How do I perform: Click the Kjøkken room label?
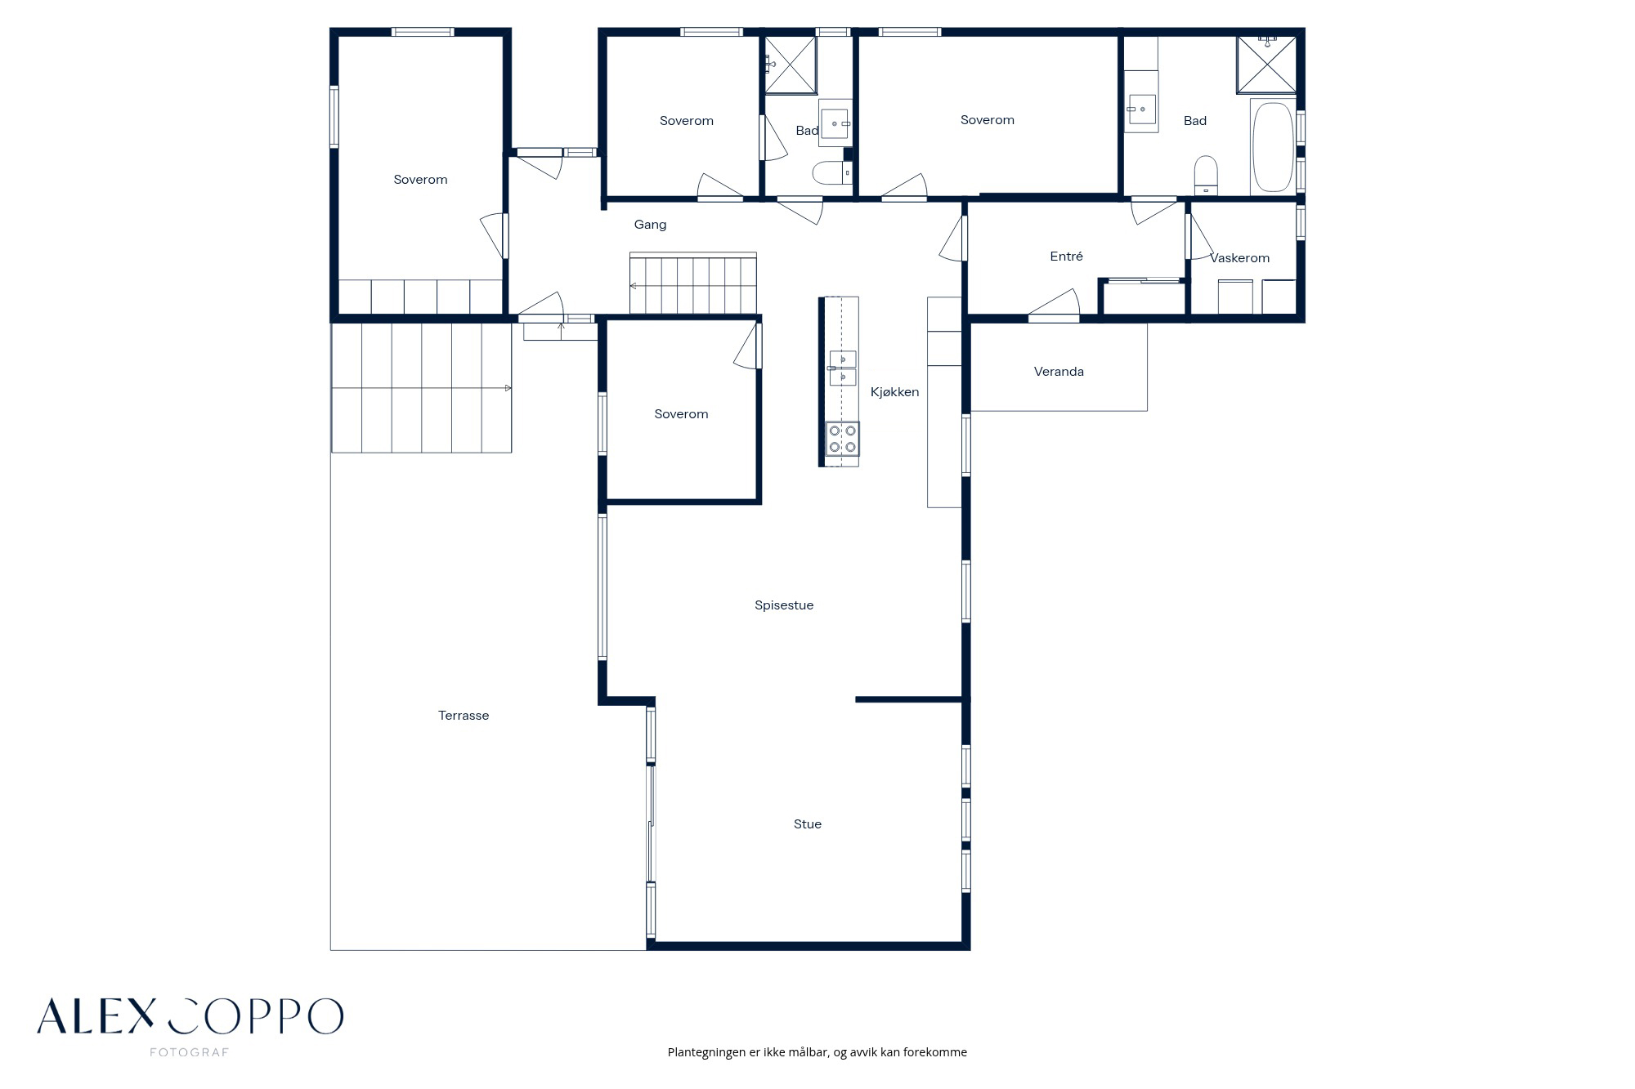coord(894,392)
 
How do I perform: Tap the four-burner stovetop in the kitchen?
coord(842,439)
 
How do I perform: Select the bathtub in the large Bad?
coord(1273,147)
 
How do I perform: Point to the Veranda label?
coord(1059,372)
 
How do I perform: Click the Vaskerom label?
coord(1240,258)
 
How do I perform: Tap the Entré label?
coord(1066,257)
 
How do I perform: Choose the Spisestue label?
coord(784,605)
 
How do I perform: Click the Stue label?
coord(808,824)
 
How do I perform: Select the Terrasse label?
coord(464,716)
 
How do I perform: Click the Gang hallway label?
coord(651,225)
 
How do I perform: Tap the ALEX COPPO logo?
coord(190,1016)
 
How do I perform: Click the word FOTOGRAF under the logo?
coord(190,1052)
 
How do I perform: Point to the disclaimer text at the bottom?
coord(817,1052)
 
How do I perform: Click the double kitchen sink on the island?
coord(843,368)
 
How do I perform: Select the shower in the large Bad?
coord(1266,64)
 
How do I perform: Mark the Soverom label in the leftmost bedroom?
coord(420,180)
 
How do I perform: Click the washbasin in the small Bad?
coord(835,123)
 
